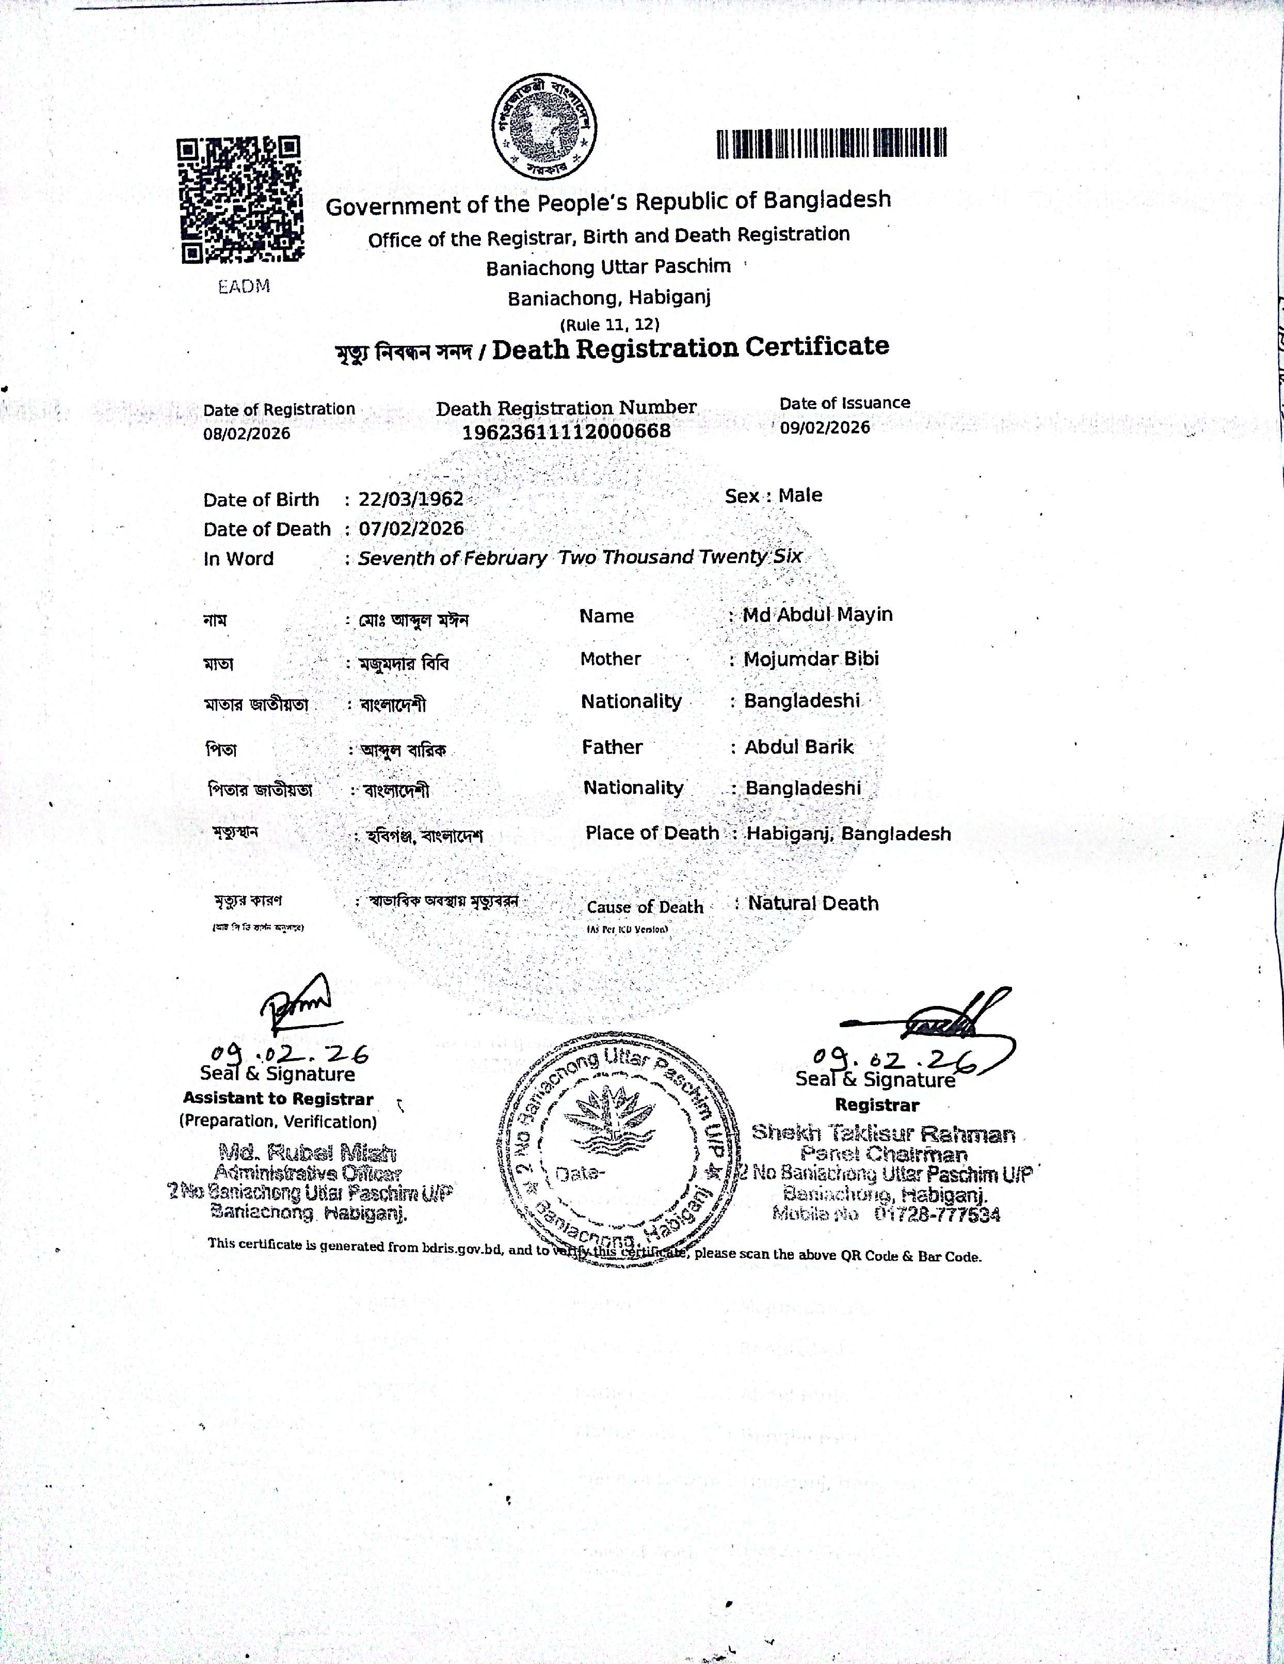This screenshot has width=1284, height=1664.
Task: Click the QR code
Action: (x=239, y=200)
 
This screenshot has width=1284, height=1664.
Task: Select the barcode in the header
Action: (x=831, y=142)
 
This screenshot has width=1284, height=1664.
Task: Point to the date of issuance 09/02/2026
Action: (x=825, y=427)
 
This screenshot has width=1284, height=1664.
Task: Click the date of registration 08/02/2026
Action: (x=246, y=434)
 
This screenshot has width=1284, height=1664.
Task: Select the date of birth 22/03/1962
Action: (x=411, y=499)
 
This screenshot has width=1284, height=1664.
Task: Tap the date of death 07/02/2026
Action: (x=411, y=529)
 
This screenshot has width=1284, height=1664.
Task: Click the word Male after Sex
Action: (x=800, y=495)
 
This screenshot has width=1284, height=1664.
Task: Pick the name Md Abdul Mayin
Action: (x=817, y=614)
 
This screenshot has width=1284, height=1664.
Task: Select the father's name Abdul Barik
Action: (x=798, y=747)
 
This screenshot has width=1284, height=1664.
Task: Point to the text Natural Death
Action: (x=813, y=904)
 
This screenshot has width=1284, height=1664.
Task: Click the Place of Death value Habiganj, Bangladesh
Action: (x=848, y=834)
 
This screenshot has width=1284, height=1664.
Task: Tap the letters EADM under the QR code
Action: (x=244, y=287)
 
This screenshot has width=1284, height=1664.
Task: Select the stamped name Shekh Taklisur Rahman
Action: (x=883, y=1134)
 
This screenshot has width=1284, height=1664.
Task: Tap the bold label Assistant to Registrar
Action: (x=278, y=1099)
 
